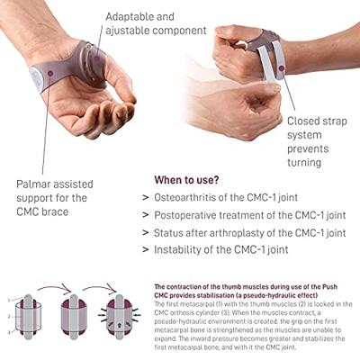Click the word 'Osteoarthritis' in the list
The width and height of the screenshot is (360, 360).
click(x=196, y=197)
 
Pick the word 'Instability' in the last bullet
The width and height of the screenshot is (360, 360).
click(x=185, y=249)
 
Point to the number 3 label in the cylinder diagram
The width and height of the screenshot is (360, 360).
click(x=8, y=331)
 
